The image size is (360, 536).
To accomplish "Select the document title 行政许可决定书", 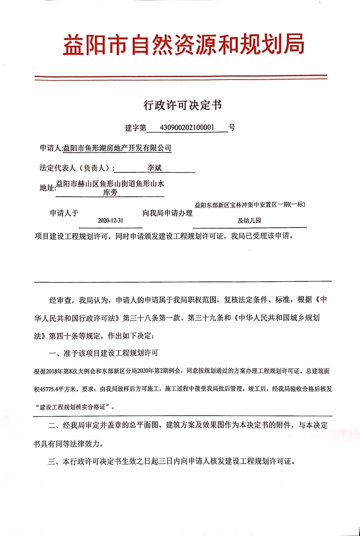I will click(182, 105).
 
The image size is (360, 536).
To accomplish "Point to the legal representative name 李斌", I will click(154, 168).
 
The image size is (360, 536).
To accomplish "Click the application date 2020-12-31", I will click(110, 221).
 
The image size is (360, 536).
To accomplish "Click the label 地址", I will click(47, 187).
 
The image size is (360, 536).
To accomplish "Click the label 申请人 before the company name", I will click(50, 149).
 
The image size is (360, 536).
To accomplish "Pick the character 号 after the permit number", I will click(232, 128).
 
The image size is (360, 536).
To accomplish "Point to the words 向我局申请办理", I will click(167, 213).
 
